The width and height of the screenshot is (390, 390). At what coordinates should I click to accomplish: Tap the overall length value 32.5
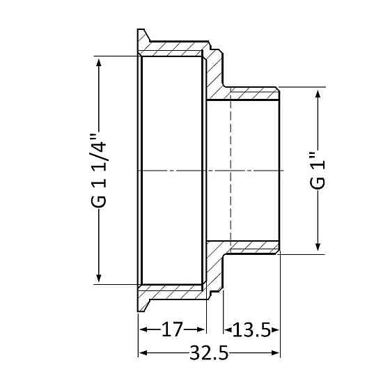pos(209,354)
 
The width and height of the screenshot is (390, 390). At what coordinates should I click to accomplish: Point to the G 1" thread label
pos(318,171)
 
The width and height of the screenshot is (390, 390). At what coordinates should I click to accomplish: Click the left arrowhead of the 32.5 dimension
pos(143,354)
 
